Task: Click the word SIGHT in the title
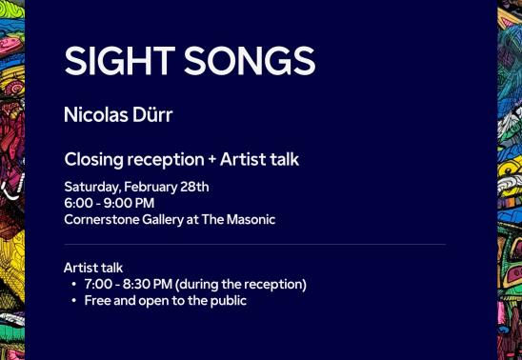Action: click(x=118, y=61)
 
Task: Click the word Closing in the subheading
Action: click(x=94, y=159)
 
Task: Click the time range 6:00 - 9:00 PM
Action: click(x=110, y=203)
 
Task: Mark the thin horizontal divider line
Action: click(x=254, y=245)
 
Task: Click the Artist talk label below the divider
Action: click(x=93, y=268)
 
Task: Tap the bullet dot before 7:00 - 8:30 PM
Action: click(x=74, y=285)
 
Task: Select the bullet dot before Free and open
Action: click(x=74, y=301)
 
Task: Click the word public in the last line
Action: click(x=228, y=301)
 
